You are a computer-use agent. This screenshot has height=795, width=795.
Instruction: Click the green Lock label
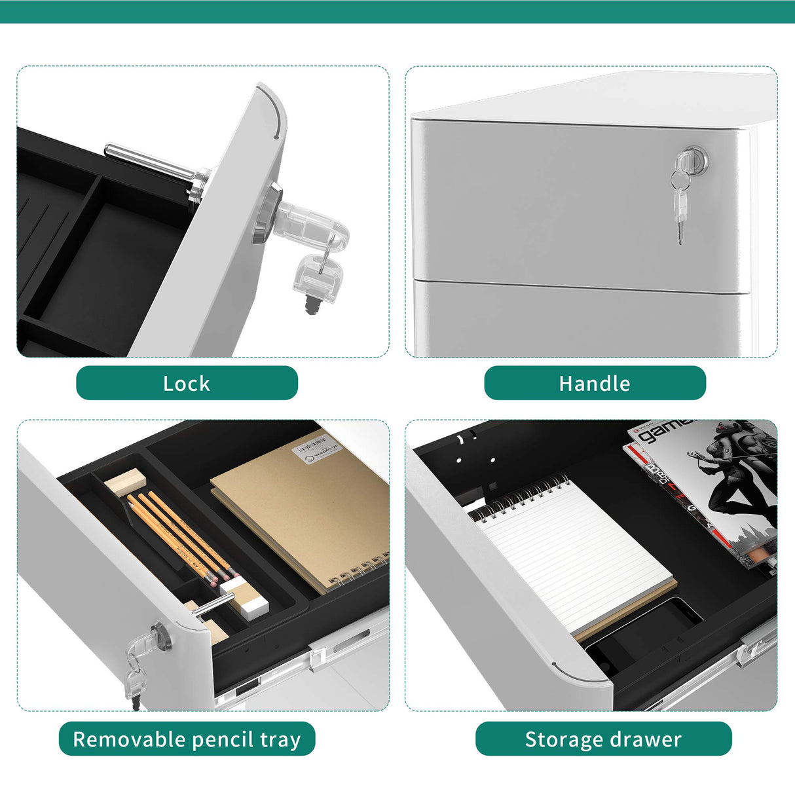coord(187,383)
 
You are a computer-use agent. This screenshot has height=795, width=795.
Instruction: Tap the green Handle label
coord(595,383)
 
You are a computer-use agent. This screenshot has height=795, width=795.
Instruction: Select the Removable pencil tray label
coord(187,739)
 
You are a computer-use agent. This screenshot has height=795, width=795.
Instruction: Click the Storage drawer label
coord(603,739)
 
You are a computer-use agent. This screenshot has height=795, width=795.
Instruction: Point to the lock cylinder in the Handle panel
coord(691,158)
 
